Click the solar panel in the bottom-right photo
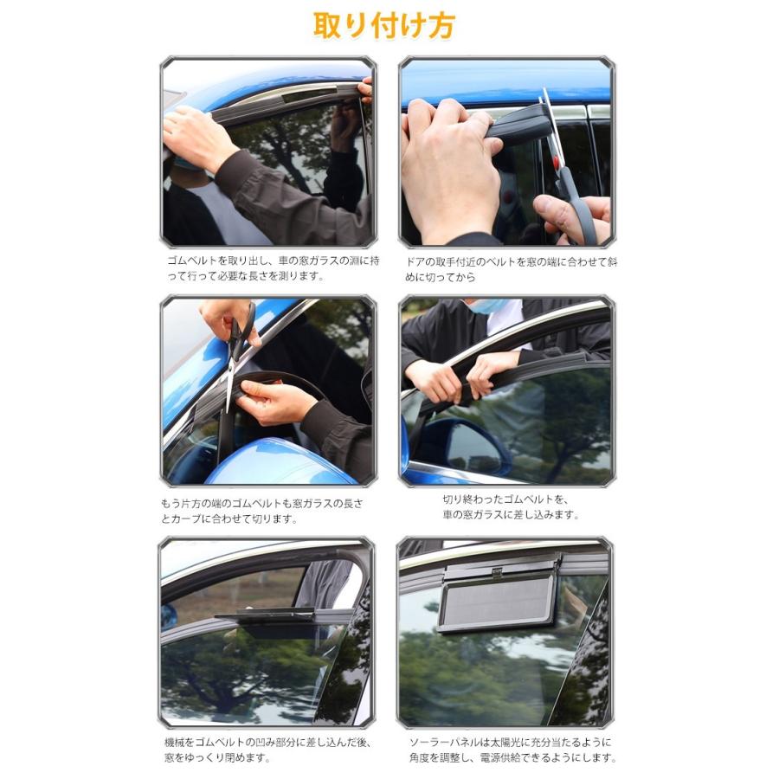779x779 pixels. coord(497,599)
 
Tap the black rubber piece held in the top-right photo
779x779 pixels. coord(519,126)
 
